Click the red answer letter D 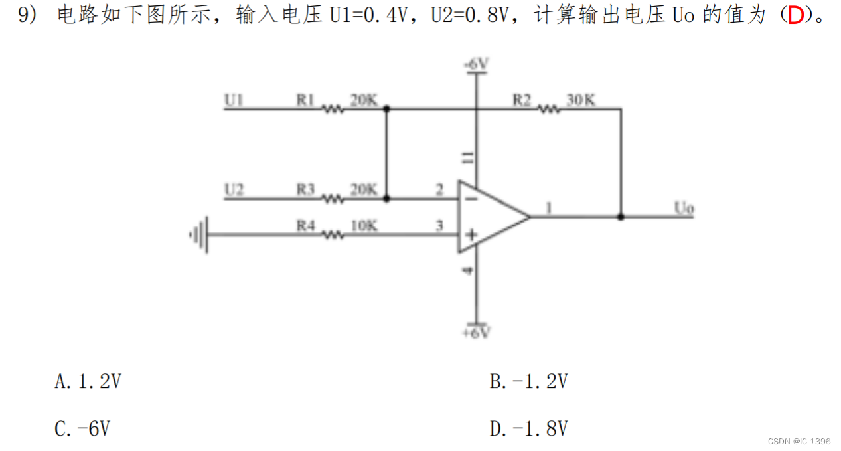click(x=795, y=16)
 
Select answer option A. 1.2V click(x=88, y=381)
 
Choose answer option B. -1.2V click(x=528, y=381)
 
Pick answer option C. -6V click(x=82, y=429)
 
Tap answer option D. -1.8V click(x=528, y=429)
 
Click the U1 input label click(x=234, y=100)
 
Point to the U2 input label click(x=234, y=190)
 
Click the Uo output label click(x=684, y=208)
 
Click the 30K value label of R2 click(x=581, y=100)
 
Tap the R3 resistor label click(x=305, y=190)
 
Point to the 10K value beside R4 click(x=364, y=226)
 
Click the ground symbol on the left click(x=200, y=234)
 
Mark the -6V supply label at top click(x=476, y=64)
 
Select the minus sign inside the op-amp click(x=469, y=198)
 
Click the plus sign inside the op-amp click(x=469, y=234)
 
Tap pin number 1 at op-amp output click(x=548, y=208)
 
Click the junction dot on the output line click(x=621, y=217)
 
